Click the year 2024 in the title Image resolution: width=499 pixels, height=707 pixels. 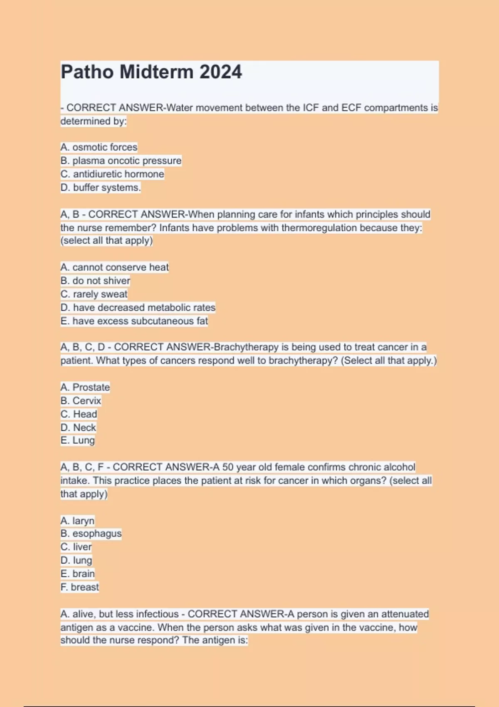pos(220,72)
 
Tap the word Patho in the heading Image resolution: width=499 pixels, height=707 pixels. pos(87,72)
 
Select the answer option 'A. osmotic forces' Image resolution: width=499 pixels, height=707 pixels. pos(99,147)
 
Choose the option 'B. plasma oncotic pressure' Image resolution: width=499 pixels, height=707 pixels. pos(121,161)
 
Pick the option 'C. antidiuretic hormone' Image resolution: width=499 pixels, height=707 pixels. pos(112,174)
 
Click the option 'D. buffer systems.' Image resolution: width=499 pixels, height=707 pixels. pos(101,188)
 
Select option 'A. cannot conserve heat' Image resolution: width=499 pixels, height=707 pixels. pos(115,267)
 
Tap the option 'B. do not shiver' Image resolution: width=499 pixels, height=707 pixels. pos(95,281)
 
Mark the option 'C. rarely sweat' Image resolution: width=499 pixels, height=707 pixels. pos(94,294)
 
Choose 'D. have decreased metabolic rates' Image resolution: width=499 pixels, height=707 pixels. pos(138,307)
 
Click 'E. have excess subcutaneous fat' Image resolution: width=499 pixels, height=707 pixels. pos(134,321)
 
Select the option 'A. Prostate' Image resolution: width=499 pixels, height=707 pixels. pos(85,387)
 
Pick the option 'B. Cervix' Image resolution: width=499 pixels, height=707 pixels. pos(81,400)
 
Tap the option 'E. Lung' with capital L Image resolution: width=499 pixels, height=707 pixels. pos(78,440)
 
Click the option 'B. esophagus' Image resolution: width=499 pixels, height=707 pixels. pos(91,533)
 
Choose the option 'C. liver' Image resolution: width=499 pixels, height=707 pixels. pos(76,547)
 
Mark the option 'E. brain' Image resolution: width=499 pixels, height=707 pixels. pos(78,574)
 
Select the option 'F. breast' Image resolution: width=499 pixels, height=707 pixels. pos(80,587)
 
